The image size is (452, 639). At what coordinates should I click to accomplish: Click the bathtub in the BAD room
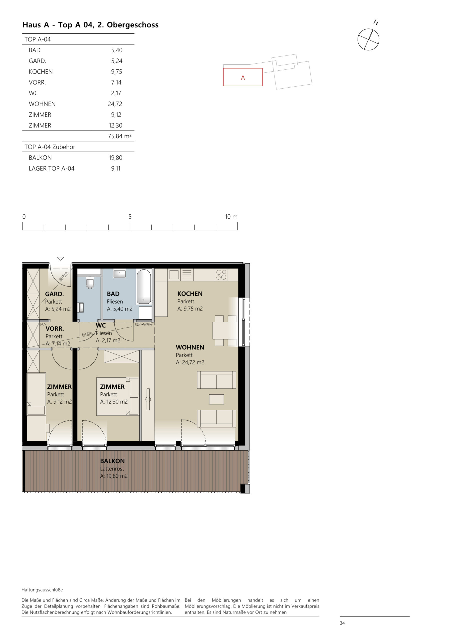(x=143, y=286)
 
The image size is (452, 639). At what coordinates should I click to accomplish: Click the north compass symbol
(x=368, y=39)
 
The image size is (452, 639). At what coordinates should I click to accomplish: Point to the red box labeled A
(x=242, y=77)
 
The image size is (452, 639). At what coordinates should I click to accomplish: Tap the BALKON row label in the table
(x=40, y=158)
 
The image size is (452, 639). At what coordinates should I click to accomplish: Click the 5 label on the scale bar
(x=130, y=216)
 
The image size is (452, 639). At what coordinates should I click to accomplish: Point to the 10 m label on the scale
(x=231, y=216)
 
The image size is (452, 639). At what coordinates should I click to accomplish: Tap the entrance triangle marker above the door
(x=60, y=259)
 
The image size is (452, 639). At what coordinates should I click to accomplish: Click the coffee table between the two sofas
(x=217, y=399)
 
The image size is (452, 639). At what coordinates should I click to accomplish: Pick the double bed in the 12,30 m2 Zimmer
(x=117, y=396)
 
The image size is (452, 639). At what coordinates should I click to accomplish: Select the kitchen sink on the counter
(x=174, y=275)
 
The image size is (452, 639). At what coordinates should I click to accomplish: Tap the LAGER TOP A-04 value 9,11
(x=116, y=168)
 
